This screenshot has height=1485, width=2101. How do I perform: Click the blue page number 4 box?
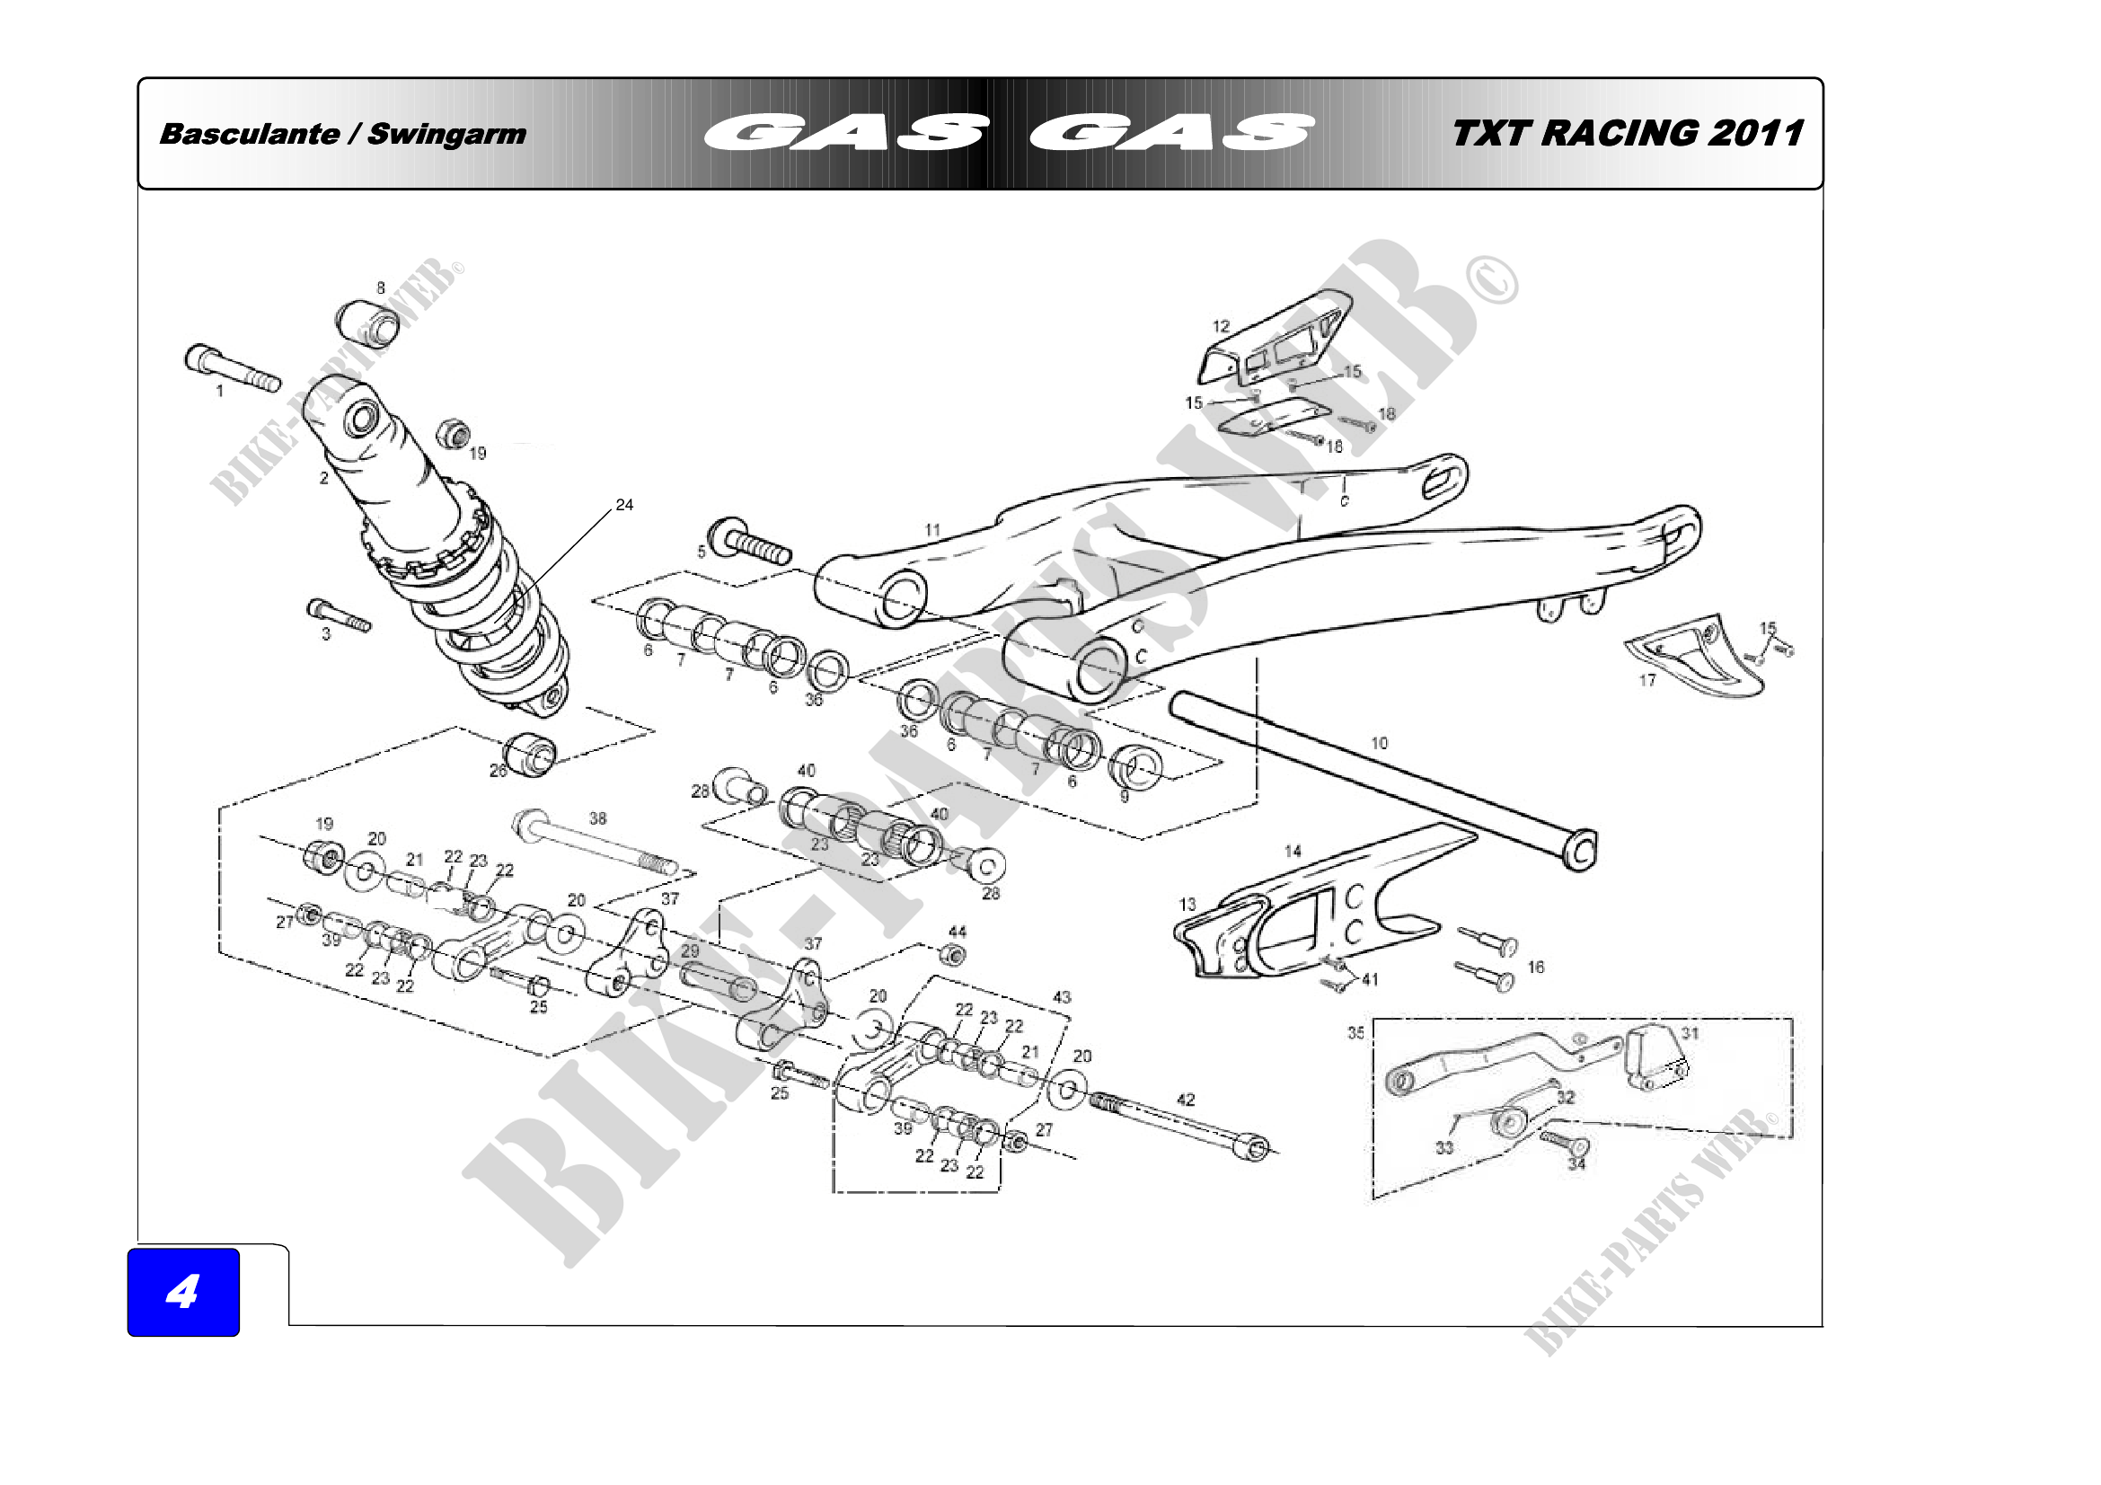pos(183,1291)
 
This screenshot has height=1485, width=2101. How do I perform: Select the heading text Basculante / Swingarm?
pos(342,135)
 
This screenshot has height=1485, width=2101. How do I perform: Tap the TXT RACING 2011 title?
pos(1627,134)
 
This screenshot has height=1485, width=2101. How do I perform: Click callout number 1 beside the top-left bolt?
pos(219,392)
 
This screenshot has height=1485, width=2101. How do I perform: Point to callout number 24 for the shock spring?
pos(624,505)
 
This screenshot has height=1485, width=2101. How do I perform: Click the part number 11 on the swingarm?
pos(932,530)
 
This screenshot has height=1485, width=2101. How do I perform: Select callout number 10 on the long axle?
pos(1379,743)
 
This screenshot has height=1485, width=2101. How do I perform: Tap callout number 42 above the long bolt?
pos(1186,1100)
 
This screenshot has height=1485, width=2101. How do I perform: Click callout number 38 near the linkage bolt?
pos(597,818)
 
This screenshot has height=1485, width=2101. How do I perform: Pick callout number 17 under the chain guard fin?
pos(1647,681)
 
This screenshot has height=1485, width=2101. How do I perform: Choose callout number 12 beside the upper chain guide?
pos(1222,327)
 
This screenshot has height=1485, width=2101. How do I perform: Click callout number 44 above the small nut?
pos(958,932)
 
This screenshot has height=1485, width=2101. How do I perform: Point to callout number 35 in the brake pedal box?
pos(1355,1033)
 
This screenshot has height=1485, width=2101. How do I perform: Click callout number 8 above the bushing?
pos(382,288)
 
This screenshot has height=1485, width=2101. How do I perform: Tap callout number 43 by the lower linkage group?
pos(1062,997)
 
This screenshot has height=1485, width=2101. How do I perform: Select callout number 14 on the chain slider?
pos(1293,852)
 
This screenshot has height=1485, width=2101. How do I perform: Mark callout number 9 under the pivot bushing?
pos(1125,797)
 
